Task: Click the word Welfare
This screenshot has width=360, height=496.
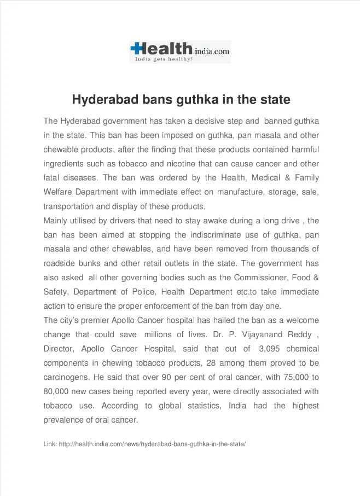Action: tap(57, 192)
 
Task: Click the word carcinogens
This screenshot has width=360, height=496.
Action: tap(66, 377)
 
